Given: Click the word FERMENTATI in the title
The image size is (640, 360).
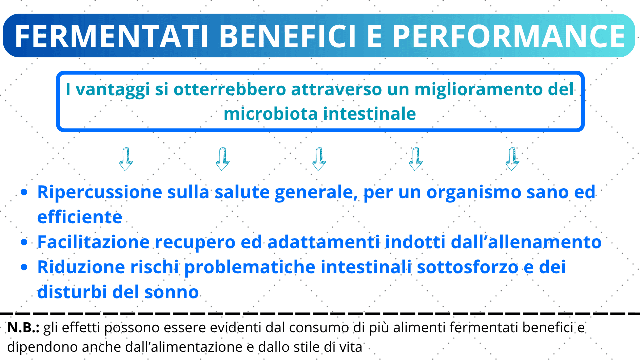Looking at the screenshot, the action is click(x=111, y=36).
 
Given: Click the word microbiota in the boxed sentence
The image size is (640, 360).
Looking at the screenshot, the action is click(x=271, y=114).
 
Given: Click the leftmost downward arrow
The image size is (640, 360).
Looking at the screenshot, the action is click(x=126, y=159).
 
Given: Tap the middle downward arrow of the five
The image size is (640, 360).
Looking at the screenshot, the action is click(x=319, y=159).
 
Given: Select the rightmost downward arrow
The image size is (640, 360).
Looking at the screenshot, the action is click(x=512, y=159).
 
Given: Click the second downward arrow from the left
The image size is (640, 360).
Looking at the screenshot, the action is click(x=222, y=159).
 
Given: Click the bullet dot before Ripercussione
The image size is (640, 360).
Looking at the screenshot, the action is click(x=24, y=192).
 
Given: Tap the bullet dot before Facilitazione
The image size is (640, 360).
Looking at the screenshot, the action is click(x=24, y=242).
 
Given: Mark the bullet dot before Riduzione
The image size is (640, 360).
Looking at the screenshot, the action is click(x=24, y=267).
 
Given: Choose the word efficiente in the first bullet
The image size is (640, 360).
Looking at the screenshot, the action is click(x=80, y=217).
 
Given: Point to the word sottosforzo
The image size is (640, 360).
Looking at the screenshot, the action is click(x=467, y=267).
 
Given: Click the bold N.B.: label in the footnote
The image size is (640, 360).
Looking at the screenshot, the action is click(x=23, y=328).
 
